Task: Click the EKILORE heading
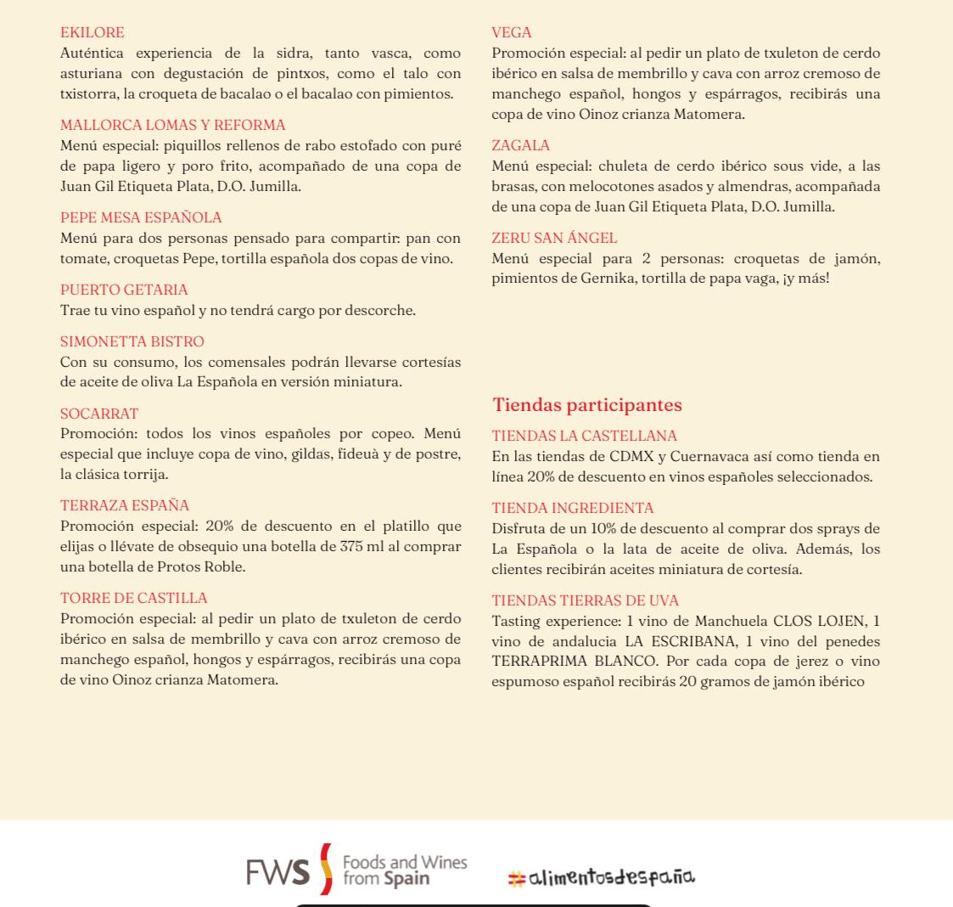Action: click(x=92, y=32)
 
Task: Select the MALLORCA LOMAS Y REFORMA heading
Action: click(x=172, y=125)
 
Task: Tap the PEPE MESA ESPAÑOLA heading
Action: click(x=141, y=217)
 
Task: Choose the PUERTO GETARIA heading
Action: click(x=124, y=290)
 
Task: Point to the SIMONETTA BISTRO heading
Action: click(x=132, y=341)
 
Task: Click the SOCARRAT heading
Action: click(x=98, y=414)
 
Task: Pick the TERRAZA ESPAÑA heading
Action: click(x=124, y=505)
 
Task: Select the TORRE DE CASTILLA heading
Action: click(x=133, y=598)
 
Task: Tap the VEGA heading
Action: click(x=511, y=32)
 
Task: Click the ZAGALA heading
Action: click(x=520, y=145)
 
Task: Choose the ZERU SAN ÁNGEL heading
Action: click(x=554, y=238)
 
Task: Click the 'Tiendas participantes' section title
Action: click(x=587, y=404)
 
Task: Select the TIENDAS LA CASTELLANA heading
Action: click(x=584, y=436)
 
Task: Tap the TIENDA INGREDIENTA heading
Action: click(x=572, y=508)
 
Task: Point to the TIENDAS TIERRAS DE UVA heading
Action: click(x=585, y=600)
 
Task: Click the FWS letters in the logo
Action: click(x=277, y=871)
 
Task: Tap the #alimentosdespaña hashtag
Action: click(x=601, y=876)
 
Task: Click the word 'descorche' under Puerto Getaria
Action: click(x=380, y=310)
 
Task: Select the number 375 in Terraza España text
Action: click(x=352, y=546)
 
